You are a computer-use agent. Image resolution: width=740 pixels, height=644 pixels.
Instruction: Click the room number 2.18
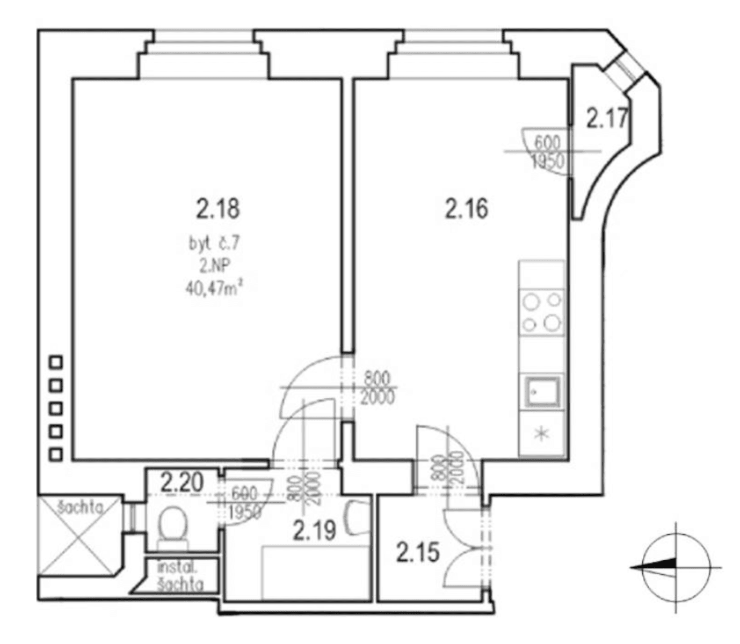[x=217, y=208]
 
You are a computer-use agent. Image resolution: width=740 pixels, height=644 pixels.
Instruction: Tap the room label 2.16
[x=467, y=208]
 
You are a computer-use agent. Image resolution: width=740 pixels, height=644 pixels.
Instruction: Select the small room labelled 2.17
[x=606, y=118]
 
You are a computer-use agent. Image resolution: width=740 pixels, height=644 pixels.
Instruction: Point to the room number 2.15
[x=418, y=552]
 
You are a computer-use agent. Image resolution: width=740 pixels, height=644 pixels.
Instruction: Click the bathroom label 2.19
[x=315, y=530]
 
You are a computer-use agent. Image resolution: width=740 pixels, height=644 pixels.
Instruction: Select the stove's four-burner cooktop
[x=542, y=312]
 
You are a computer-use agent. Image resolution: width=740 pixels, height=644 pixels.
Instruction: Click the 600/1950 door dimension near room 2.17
[x=547, y=151]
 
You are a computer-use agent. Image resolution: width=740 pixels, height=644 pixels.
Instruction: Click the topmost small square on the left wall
[x=56, y=362]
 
